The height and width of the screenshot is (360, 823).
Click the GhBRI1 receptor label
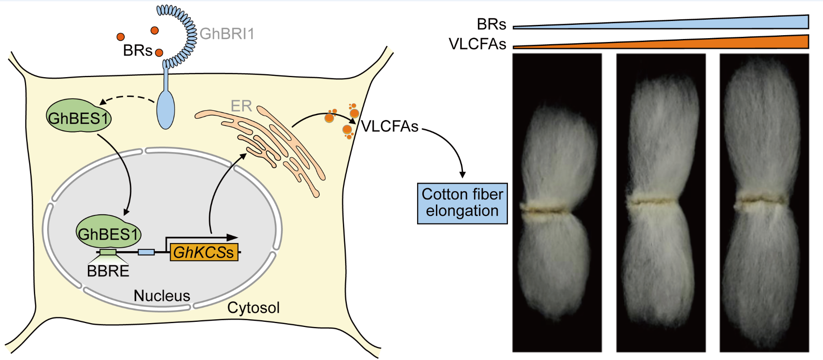pos(227,34)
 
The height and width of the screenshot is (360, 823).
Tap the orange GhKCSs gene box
pos(204,252)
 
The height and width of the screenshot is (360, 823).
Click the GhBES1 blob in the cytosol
pos(79,117)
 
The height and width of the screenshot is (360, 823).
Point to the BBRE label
pos(108,271)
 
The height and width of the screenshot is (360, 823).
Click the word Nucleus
pos(162,296)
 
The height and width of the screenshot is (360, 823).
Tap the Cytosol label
pos(253,308)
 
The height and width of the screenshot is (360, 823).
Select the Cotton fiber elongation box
pos(462,203)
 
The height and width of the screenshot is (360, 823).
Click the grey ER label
pos(241,106)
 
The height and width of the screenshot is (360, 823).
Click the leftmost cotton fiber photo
pos(557,202)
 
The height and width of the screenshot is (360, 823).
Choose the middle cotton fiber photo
pos(661,202)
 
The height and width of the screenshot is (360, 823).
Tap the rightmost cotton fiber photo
pos(764,202)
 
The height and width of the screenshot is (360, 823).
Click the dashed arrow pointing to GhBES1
pos(128,98)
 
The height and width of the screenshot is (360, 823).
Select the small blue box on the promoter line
pos(146,252)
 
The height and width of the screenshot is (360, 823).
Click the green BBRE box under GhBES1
pos(108,252)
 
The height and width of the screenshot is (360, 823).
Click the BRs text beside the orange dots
pos(137,51)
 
